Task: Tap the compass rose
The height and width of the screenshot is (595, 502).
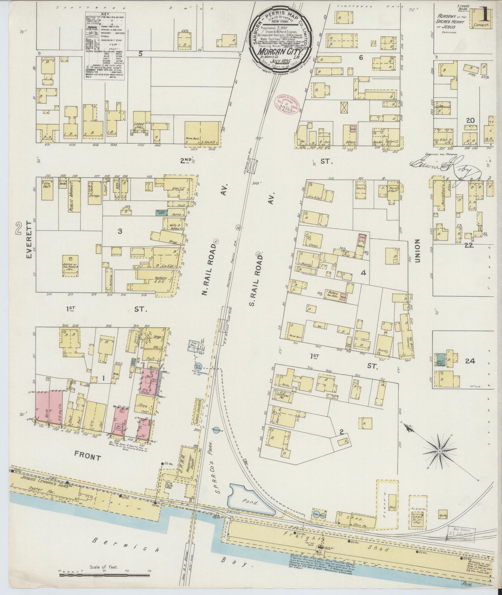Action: (439, 451)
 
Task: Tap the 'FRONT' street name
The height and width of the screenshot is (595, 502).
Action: (87, 458)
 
